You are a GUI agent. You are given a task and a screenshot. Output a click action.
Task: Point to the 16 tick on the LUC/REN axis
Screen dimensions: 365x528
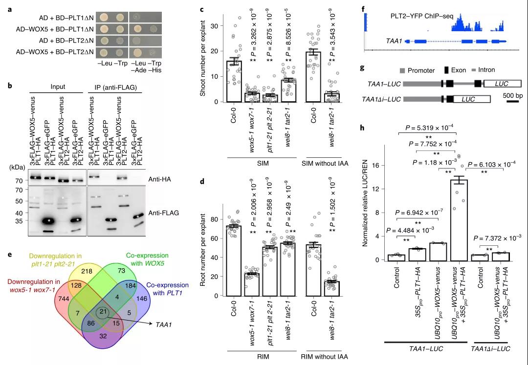377,165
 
